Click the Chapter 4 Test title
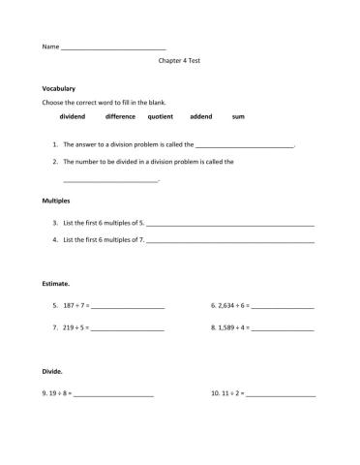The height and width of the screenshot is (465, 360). (179, 60)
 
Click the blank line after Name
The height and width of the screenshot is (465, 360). (113, 47)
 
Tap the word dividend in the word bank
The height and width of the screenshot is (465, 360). (73, 116)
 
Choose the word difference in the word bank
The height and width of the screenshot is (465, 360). (120, 116)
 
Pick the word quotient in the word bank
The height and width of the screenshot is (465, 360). (161, 116)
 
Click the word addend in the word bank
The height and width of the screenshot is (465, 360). (201, 116)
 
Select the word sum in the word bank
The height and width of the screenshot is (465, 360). (238, 116)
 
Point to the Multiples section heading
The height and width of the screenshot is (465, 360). (56, 201)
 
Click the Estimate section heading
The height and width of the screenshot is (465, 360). (56, 284)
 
